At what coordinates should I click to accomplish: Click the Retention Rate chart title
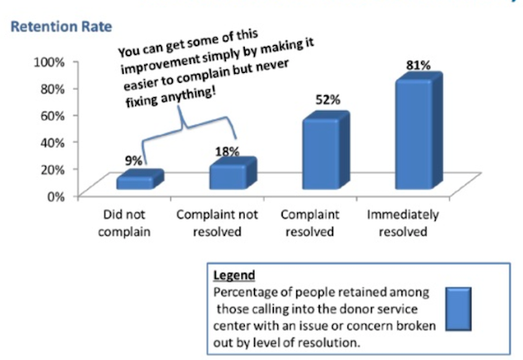[61, 27]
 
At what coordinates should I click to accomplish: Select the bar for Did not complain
[140, 179]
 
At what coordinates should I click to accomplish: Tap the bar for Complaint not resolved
[233, 173]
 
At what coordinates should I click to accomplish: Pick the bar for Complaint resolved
[326, 150]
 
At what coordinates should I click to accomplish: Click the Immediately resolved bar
[419, 130]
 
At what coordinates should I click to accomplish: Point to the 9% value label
[134, 161]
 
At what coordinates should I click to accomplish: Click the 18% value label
[227, 152]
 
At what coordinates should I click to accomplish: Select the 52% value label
[328, 100]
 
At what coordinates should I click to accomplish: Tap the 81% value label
[419, 66]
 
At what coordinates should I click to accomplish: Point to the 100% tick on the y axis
[49, 62]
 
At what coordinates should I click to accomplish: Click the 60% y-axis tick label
[52, 116]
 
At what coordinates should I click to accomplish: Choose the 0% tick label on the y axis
[56, 196]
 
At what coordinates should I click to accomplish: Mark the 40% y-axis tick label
[52, 143]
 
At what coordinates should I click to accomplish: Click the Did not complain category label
[124, 223]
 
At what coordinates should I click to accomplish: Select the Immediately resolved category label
[403, 223]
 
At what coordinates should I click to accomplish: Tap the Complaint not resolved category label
[217, 223]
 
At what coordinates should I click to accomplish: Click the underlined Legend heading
[234, 275]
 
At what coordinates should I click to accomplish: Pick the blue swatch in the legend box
[458, 309]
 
